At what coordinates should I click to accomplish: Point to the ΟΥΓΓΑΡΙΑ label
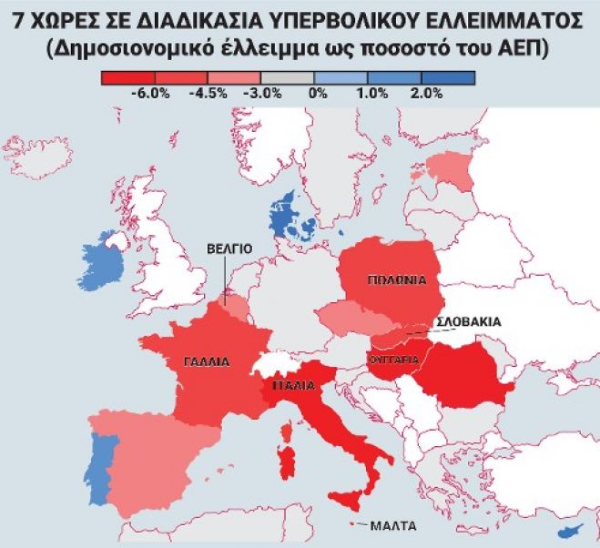[x=393, y=360]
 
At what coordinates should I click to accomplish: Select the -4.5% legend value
[x=208, y=93]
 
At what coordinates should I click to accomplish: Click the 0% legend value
[x=319, y=93]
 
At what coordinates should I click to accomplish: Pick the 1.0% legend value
[x=371, y=93]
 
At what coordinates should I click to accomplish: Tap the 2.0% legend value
[x=426, y=93]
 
